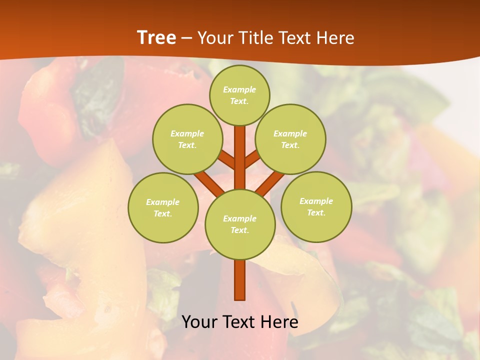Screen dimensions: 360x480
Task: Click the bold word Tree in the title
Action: (156, 38)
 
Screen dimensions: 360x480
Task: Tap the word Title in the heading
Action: (254, 38)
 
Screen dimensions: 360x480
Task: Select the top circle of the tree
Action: (239, 95)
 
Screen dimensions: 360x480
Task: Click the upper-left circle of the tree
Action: (187, 139)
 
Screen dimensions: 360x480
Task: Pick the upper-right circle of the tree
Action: (290, 139)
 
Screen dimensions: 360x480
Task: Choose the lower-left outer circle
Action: (163, 207)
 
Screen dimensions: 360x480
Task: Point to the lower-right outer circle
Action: (316, 206)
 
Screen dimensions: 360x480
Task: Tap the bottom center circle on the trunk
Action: (240, 224)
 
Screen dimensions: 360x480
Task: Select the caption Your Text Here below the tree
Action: (240, 322)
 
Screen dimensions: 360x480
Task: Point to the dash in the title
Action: (186, 38)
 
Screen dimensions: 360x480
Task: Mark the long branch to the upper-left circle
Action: (210, 182)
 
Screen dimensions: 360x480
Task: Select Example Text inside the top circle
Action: (239, 95)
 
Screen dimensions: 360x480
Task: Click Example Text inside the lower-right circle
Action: (316, 206)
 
